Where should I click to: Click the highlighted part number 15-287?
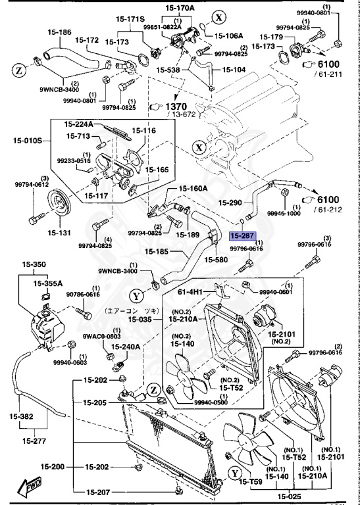click(242, 235)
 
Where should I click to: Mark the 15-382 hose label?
click(22, 416)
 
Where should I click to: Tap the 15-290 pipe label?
click(231, 203)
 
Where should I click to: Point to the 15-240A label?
click(124, 346)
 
